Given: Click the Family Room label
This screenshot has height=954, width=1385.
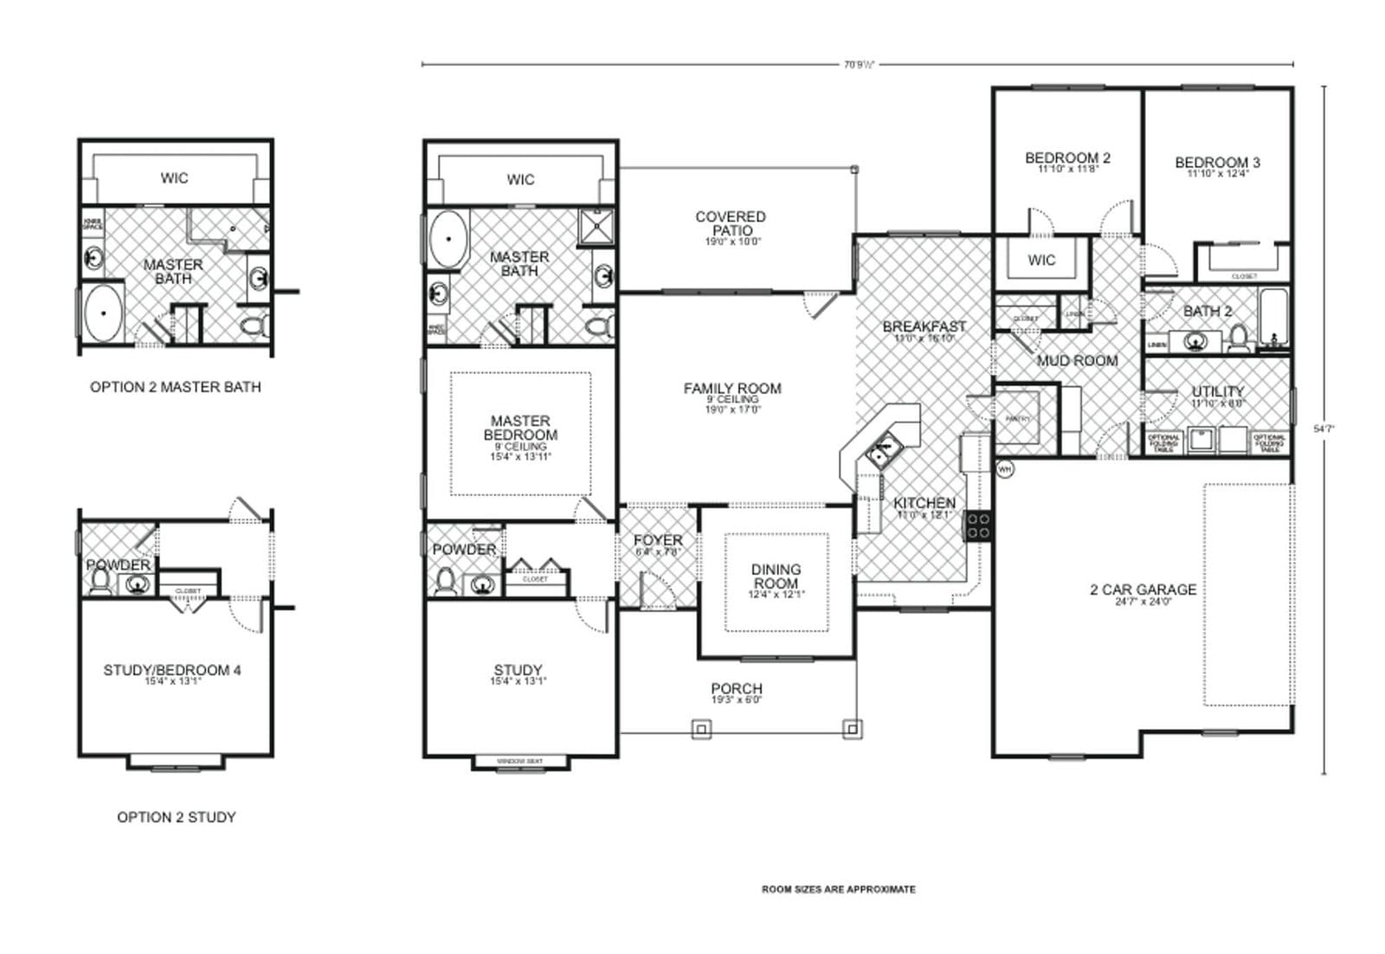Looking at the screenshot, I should [732, 389].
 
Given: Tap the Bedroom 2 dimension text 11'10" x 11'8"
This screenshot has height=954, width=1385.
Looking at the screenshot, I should [1067, 170].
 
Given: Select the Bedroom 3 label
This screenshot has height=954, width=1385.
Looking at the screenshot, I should [1217, 162].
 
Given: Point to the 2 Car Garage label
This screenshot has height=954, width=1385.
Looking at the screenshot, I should [1143, 590].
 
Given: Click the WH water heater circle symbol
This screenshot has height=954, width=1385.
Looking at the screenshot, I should [1005, 468].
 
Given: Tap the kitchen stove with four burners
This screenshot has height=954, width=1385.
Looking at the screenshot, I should [979, 525].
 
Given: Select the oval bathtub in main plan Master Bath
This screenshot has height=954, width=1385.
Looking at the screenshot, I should [448, 237].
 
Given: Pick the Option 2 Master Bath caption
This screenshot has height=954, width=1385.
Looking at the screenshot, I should [175, 387].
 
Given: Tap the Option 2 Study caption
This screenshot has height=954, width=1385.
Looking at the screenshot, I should [176, 816].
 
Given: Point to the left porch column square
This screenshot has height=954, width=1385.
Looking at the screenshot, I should [702, 730].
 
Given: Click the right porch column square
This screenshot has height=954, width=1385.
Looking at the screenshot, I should [852, 729].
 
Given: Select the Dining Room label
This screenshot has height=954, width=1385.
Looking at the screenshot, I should [776, 576].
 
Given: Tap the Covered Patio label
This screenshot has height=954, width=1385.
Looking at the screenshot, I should [731, 223].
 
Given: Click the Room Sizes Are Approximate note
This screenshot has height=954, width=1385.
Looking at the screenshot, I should [838, 889].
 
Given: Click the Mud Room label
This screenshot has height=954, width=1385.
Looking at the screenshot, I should [1077, 360].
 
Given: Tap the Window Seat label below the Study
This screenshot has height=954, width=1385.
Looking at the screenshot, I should [520, 762].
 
